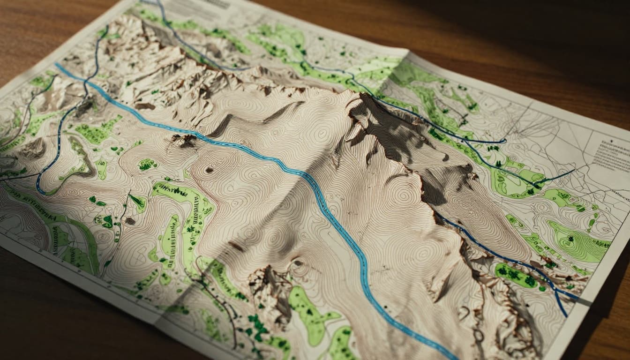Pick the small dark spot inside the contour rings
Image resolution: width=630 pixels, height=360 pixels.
209,170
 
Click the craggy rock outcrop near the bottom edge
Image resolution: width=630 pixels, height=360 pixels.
270,286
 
